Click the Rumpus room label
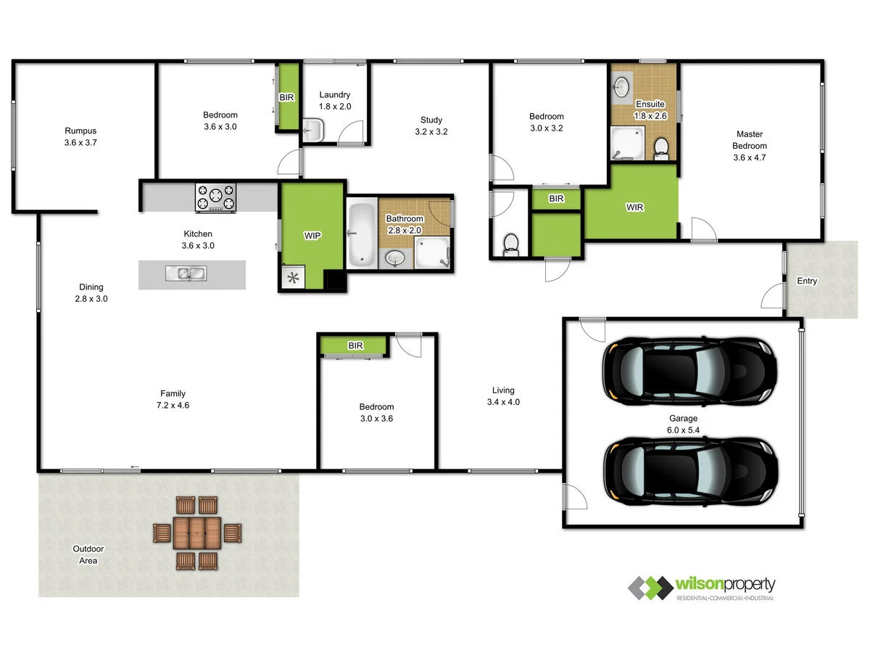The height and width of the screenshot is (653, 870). (x=80, y=131)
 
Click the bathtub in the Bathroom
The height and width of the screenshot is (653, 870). (x=361, y=234)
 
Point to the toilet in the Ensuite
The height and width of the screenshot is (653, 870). (x=660, y=148)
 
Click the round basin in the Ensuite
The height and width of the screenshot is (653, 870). (x=621, y=87)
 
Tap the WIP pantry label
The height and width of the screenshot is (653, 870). (x=312, y=236)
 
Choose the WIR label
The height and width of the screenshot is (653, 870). (x=635, y=208)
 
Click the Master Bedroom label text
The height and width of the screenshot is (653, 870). (x=749, y=145)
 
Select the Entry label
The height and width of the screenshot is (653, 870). (x=807, y=282)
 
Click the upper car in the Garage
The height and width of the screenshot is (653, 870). (x=689, y=371)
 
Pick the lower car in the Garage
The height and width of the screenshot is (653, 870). (x=689, y=472)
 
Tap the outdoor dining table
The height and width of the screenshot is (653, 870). (x=196, y=533)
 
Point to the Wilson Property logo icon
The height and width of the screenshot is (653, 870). (x=650, y=588)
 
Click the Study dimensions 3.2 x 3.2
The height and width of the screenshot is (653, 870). (x=431, y=132)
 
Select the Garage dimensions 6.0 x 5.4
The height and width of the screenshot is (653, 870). (x=683, y=430)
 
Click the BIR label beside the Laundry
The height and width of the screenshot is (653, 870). (x=286, y=97)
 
